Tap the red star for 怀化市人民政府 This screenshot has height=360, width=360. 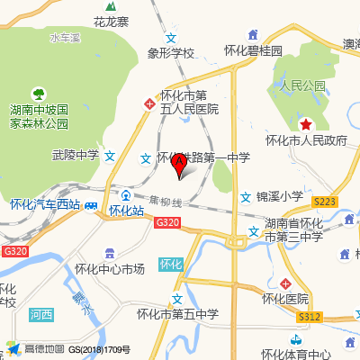pyautogui.click(x=306, y=124)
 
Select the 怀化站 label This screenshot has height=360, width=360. pyautogui.click(x=127, y=211)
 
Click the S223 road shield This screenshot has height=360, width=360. pyautogui.click(x=325, y=201)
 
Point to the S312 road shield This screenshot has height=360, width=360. pyautogui.click(x=311, y=316)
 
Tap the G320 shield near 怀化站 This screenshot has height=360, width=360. pyautogui.click(x=166, y=221)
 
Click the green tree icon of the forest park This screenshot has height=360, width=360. pyautogui.click(x=39, y=93)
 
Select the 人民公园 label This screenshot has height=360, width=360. pyautogui.click(x=302, y=86)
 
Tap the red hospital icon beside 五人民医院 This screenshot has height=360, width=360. pyautogui.click(x=149, y=104)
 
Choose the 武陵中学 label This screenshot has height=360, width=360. pyautogui.click(x=76, y=156)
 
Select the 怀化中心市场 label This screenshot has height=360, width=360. pyautogui.click(x=110, y=268)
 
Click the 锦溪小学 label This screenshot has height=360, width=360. pyautogui.click(x=279, y=196)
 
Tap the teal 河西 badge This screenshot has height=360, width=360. pyautogui.click(x=40, y=315)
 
